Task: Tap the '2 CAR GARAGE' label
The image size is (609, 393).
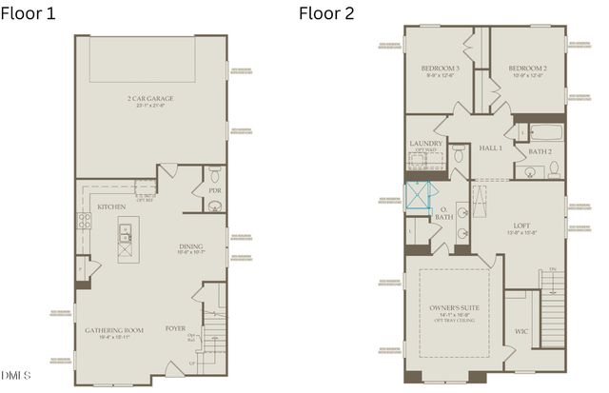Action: pos(151,99)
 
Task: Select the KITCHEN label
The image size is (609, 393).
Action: pos(112,206)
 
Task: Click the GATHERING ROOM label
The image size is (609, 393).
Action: pos(114,330)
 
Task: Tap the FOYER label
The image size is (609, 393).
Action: pos(174,330)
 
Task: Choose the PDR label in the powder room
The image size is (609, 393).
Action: pos(214,190)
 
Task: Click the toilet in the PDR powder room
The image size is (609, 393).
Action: pos(214,173)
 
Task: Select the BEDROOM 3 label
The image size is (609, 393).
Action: pos(441,69)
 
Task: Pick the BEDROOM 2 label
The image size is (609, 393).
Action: pos(525,69)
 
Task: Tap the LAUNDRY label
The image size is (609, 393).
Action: pos(425,144)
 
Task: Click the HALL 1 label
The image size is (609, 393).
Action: pos(490,147)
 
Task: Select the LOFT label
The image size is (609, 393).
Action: pos(521,225)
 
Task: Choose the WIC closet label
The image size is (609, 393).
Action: pos(522,331)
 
